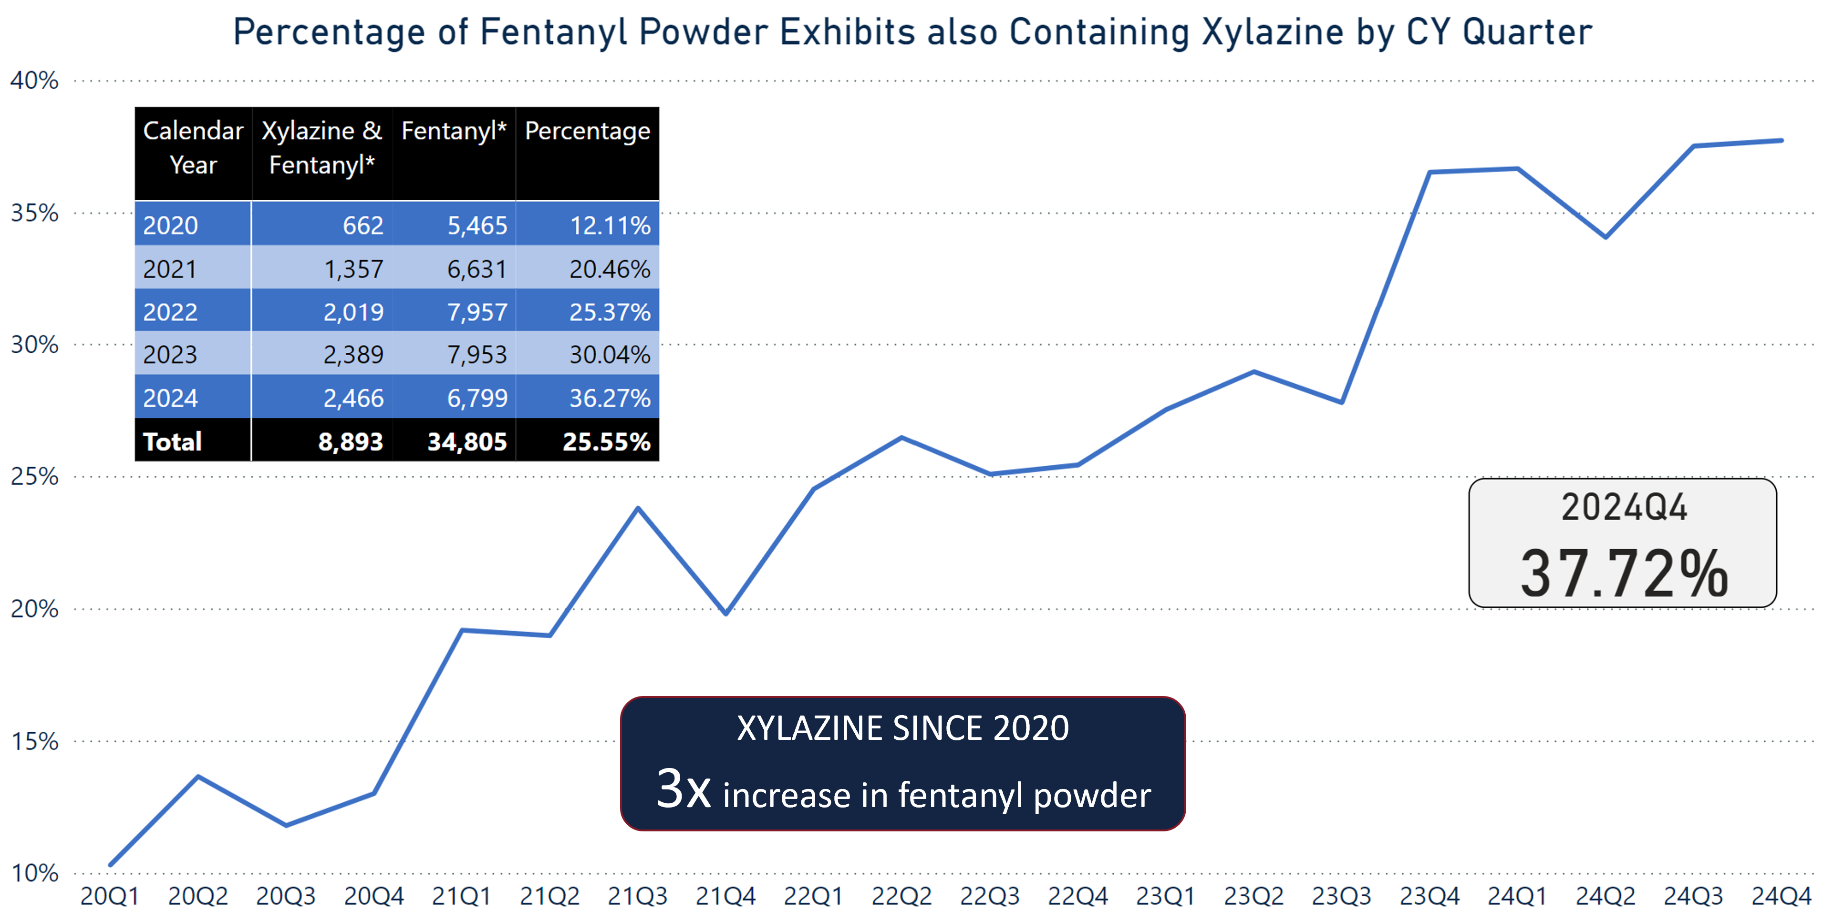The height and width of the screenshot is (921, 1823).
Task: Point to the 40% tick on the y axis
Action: [x=34, y=81]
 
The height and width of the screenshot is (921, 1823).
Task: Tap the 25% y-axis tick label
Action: [x=34, y=477]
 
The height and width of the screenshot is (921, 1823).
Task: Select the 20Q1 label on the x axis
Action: [x=110, y=896]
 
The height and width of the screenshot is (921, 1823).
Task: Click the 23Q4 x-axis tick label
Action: [x=1429, y=896]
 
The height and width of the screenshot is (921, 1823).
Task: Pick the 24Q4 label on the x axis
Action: [x=1781, y=896]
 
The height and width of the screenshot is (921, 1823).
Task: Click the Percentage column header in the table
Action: [x=587, y=132]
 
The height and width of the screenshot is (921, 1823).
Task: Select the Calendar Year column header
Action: [x=193, y=148]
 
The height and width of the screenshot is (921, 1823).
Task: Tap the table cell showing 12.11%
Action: [x=610, y=225]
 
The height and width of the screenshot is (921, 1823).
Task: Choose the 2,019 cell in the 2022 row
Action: [x=353, y=312]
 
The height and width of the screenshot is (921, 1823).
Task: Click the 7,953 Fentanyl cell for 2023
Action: [x=477, y=354]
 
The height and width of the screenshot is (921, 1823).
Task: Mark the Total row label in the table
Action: [x=173, y=441]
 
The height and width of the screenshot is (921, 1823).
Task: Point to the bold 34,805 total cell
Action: [x=467, y=441]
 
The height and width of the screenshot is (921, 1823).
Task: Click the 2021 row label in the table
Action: [x=170, y=269]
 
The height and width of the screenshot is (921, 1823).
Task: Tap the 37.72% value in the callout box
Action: [x=1624, y=573]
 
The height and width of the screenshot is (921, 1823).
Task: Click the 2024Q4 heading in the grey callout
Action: [x=1624, y=508]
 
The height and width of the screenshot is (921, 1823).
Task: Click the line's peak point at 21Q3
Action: [x=638, y=509]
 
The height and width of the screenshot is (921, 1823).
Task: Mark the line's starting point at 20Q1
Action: [x=110, y=864]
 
